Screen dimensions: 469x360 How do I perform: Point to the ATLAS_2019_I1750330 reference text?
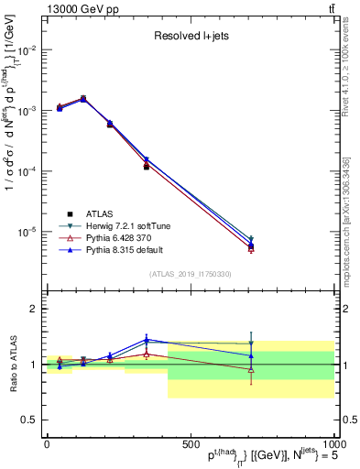click(191, 274)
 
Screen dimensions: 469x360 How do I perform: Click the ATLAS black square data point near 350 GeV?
click(146, 167)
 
